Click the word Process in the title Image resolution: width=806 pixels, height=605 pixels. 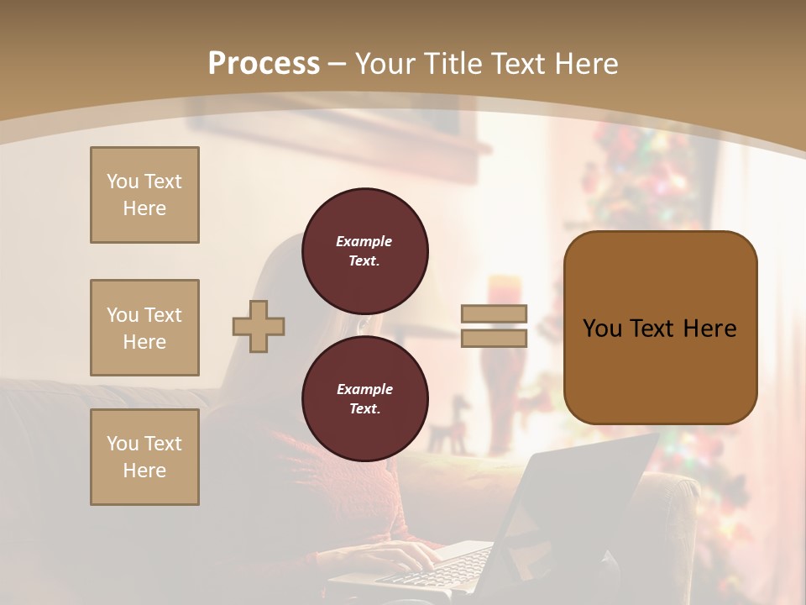point(264,64)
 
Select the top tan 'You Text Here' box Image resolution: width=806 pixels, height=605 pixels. point(144,195)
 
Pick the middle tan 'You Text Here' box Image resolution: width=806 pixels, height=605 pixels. point(144,328)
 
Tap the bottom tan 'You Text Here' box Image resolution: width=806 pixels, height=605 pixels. point(144,457)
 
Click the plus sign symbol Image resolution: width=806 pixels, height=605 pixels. point(259,326)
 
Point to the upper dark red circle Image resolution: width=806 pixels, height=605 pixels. point(365,251)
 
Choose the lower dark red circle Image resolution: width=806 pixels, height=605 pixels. point(365,399)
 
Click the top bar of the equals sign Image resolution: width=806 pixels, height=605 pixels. point(494,313)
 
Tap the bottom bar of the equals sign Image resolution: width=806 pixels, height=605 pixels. point(494,338)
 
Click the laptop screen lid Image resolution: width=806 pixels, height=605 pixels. point(579,496)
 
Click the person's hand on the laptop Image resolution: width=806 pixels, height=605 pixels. point(403,555)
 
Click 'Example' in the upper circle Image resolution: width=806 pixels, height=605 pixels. point(364,241)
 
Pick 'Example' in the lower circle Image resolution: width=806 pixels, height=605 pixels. point(364,389)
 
